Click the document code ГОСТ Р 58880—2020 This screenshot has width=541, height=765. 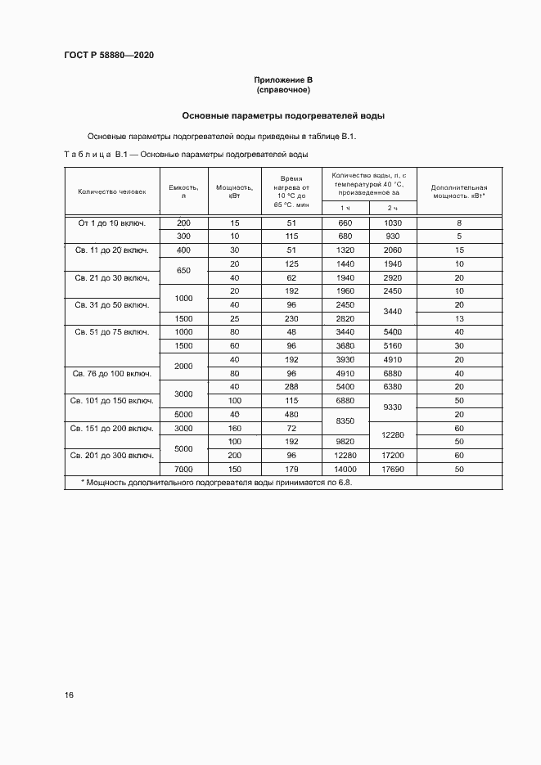click(x=109, y=55)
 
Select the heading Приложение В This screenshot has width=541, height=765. click(x=283, y=80)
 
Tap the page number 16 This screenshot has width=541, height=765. click(x=69, y=695)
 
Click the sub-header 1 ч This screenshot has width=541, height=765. click(x=345, y=209)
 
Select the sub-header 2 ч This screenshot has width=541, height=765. click(x=393, y=209)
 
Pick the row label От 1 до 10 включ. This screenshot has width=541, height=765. click(x=111, y=223)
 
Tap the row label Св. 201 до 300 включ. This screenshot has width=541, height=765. click(x=112, y=455)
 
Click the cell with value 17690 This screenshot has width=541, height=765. click(x=393, y=469)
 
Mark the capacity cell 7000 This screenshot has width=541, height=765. click(x=183, y=469)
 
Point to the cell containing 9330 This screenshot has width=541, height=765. click(x=393, y=407)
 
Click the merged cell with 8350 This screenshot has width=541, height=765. click(x=345, y=421)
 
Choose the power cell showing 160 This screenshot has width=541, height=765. click(x=234, y=428)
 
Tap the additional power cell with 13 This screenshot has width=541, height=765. click(x=459, y=318)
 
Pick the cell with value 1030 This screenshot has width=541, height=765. click(x=393, y=223)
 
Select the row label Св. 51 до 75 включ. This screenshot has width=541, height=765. click(x=112, y=331)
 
